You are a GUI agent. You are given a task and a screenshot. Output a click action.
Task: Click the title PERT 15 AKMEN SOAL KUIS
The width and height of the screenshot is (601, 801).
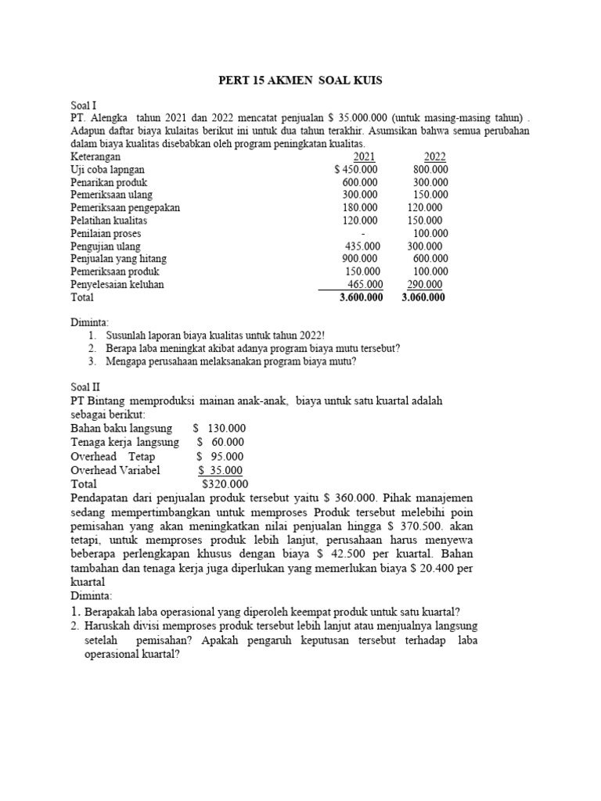[300, 81]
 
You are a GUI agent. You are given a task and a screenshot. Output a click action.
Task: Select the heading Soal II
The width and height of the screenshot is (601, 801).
[87, 386]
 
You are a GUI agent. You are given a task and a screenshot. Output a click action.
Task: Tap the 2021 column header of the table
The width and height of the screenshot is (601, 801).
[364, 156]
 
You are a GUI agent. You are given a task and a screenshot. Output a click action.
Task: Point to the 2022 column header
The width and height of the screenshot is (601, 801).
[434, 156]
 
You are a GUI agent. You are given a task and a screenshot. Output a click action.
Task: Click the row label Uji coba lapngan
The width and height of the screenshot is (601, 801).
[107, 169]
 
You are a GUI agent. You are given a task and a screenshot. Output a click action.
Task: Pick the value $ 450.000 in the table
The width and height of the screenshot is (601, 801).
[355, 169]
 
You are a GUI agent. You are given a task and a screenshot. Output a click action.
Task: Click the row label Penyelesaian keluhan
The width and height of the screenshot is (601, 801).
[117, 285]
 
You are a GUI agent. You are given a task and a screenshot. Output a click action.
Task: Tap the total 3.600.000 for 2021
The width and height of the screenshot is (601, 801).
[361, 297]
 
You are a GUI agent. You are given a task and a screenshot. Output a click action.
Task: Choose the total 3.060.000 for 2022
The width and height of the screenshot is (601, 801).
[423, 297]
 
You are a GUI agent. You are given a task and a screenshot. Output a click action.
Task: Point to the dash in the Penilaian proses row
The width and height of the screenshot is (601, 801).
[364, 233]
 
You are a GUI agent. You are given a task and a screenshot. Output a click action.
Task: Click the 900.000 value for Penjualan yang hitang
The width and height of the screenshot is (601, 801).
[360, 259]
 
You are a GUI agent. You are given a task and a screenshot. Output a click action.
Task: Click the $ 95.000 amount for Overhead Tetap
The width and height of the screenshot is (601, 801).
[220, 456]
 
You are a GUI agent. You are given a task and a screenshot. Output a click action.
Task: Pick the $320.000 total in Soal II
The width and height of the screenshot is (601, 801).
[225, 484]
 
